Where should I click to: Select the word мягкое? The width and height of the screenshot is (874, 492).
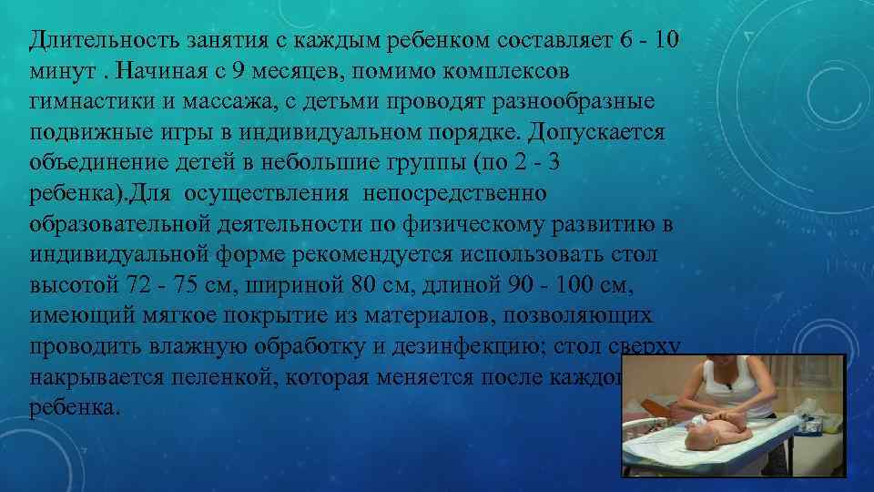click(x=196, y=316)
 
